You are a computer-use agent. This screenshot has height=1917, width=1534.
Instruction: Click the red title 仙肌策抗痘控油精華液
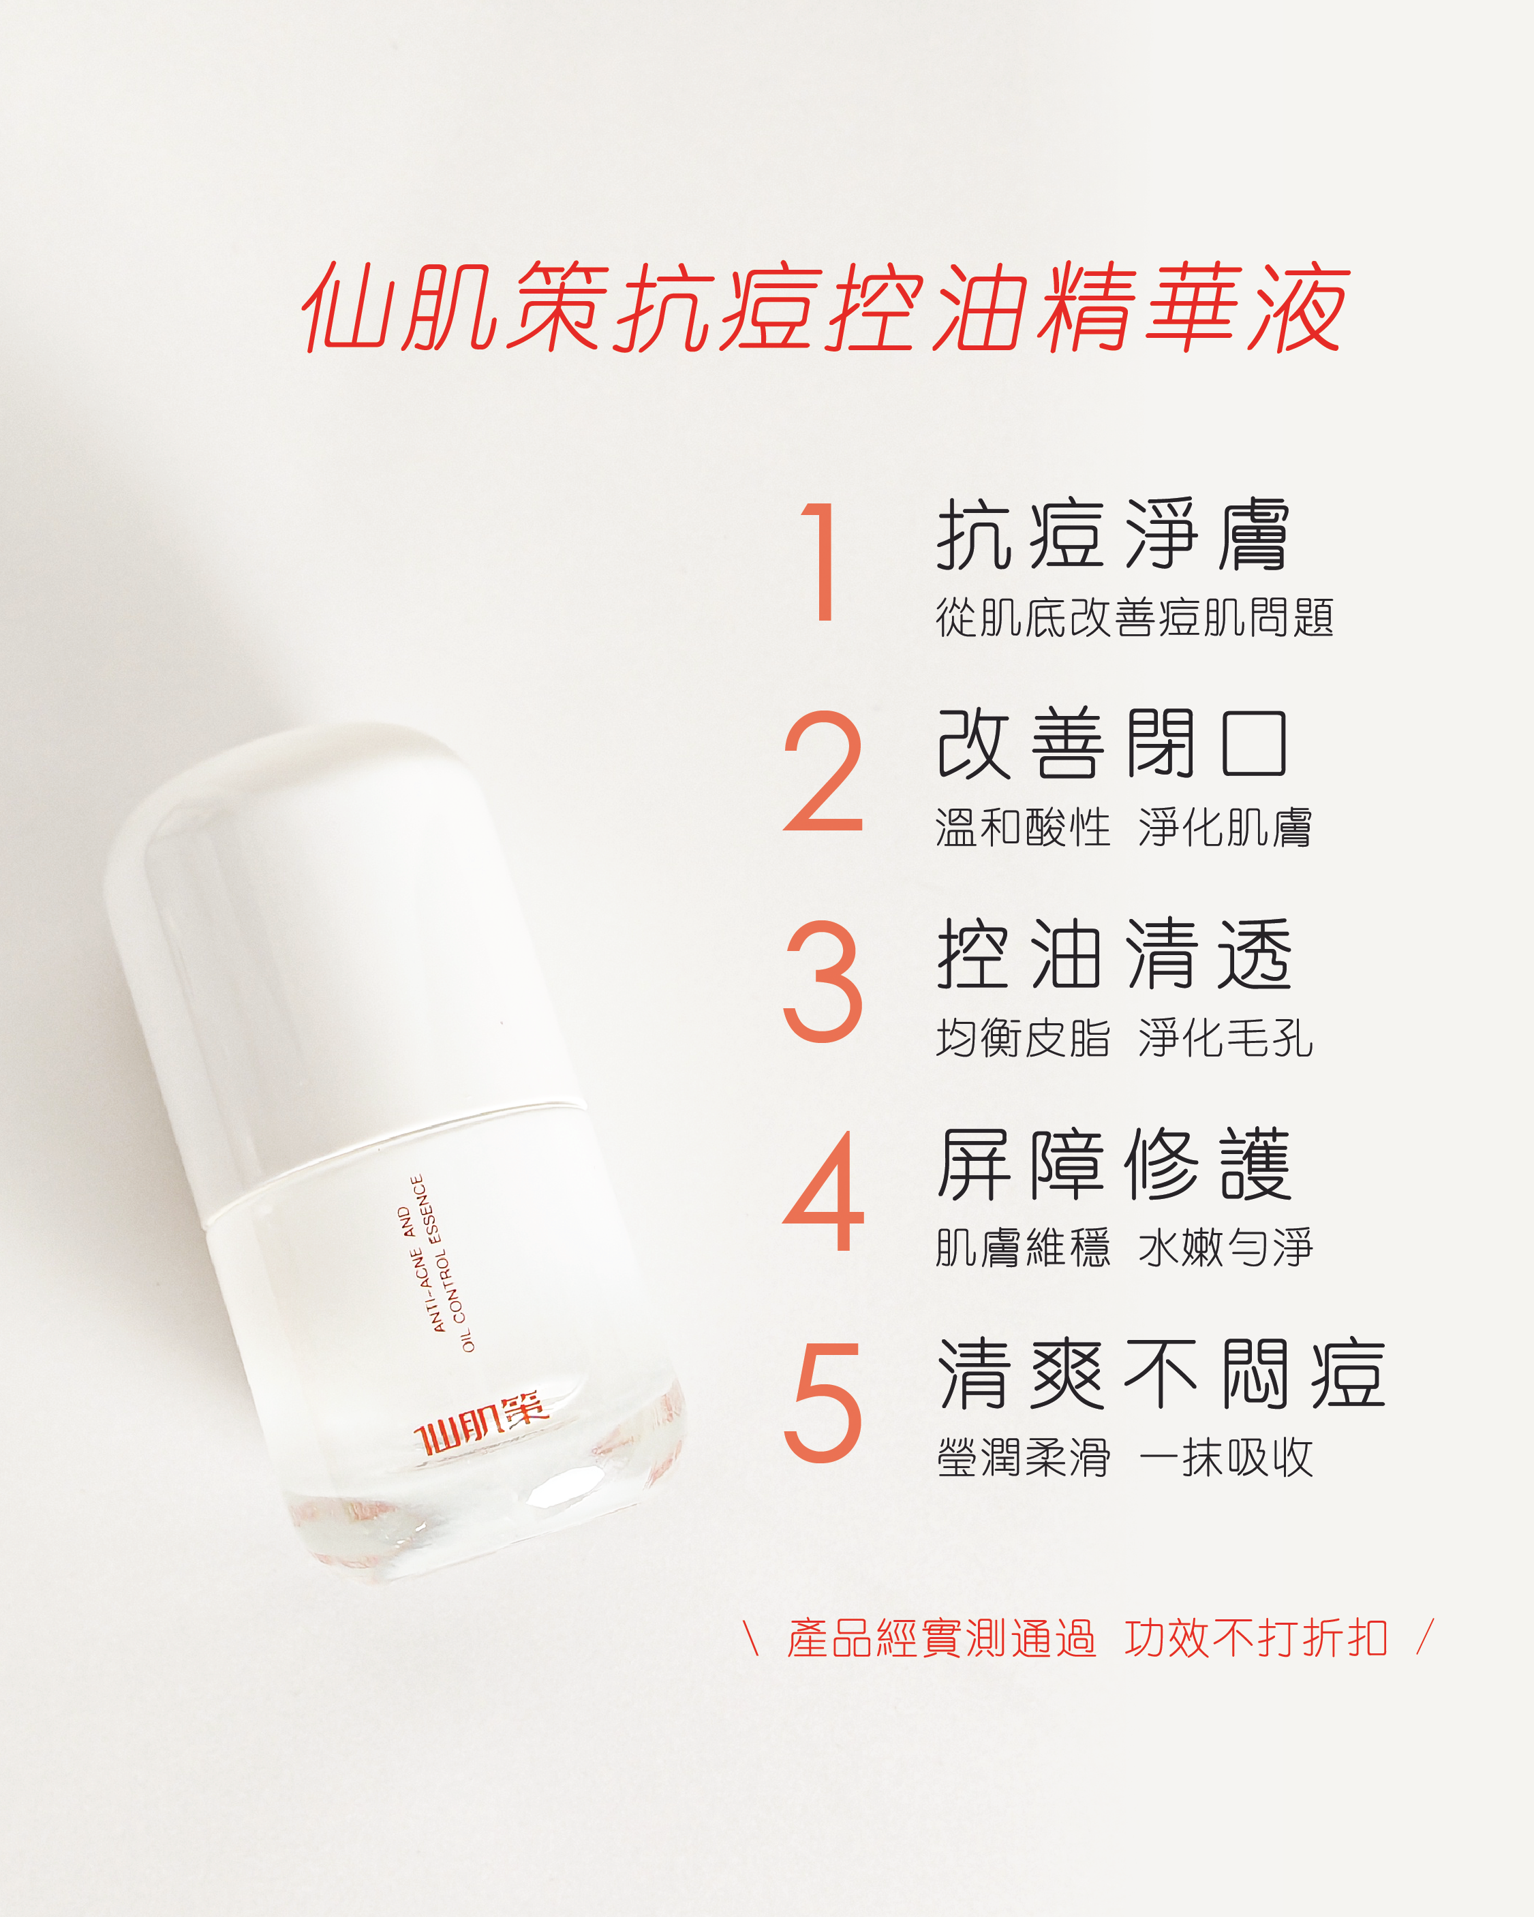(825, 307)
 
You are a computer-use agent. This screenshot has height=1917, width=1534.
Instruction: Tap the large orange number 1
(820, 561)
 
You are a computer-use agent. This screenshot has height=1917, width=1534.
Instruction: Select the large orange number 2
(823, 771)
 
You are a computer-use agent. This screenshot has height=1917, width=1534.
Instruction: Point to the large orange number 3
(823, 981)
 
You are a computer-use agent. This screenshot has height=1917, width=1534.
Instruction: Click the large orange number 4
(823, 1191)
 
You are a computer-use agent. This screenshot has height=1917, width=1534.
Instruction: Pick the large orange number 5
(823, 1402)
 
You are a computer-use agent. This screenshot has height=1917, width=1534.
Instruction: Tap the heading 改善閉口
(1114, 743)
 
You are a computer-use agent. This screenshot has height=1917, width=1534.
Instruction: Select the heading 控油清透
(1114, 953)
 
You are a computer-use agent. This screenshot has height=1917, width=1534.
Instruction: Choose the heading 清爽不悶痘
(1161, 1374)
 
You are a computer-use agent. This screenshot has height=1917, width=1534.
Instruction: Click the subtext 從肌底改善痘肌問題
(1135, 617)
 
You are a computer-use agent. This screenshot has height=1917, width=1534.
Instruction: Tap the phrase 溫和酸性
(1024, 828)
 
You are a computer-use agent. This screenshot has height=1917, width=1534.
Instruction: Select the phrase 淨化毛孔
(1225, 1038)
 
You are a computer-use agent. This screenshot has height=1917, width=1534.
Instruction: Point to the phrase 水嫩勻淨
(1225, 1247)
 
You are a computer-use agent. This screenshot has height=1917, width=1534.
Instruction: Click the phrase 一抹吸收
(1225, 1459)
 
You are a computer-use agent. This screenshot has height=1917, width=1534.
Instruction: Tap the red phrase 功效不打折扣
(1256, 1638)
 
